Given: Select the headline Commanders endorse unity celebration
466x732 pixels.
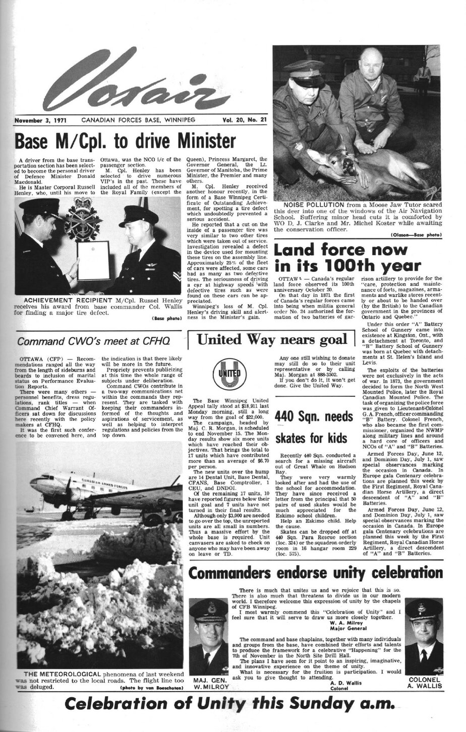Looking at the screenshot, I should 315,573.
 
